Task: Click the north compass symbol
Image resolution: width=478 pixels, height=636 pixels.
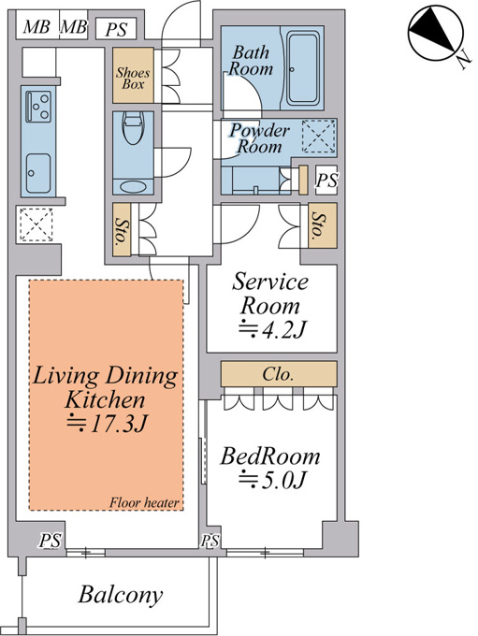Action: [x=436, y=33]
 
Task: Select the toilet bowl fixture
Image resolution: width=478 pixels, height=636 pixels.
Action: [x=134, y=128]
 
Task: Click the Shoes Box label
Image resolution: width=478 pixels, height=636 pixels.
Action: [x=133, y=79]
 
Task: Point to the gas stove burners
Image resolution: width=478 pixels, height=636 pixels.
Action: [x=38, y=107]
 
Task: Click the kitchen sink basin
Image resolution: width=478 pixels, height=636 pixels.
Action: [x=38, y=173]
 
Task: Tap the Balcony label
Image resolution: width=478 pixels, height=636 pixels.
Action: [x=121, y=595]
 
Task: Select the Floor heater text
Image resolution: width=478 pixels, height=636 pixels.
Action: [x=144, y=503]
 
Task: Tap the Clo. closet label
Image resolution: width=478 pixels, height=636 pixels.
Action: [x=278, y=374]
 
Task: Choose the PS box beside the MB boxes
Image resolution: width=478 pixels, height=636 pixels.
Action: [x=116, y=29]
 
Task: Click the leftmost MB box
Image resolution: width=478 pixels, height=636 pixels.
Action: [x=36, y=27]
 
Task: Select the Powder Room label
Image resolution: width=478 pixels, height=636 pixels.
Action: [x=260, y=137]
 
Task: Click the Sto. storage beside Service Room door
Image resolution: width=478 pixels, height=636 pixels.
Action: [x=323, y=225]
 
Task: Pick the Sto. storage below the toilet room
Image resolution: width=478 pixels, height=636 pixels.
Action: [x=122, y=229]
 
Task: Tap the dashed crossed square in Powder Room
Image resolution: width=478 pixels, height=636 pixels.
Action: [x=319, y=137]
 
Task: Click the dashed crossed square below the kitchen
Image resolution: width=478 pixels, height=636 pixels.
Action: [x=36, y=224]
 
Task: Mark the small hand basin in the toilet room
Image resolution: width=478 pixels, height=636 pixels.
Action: [x=133, y=187]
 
